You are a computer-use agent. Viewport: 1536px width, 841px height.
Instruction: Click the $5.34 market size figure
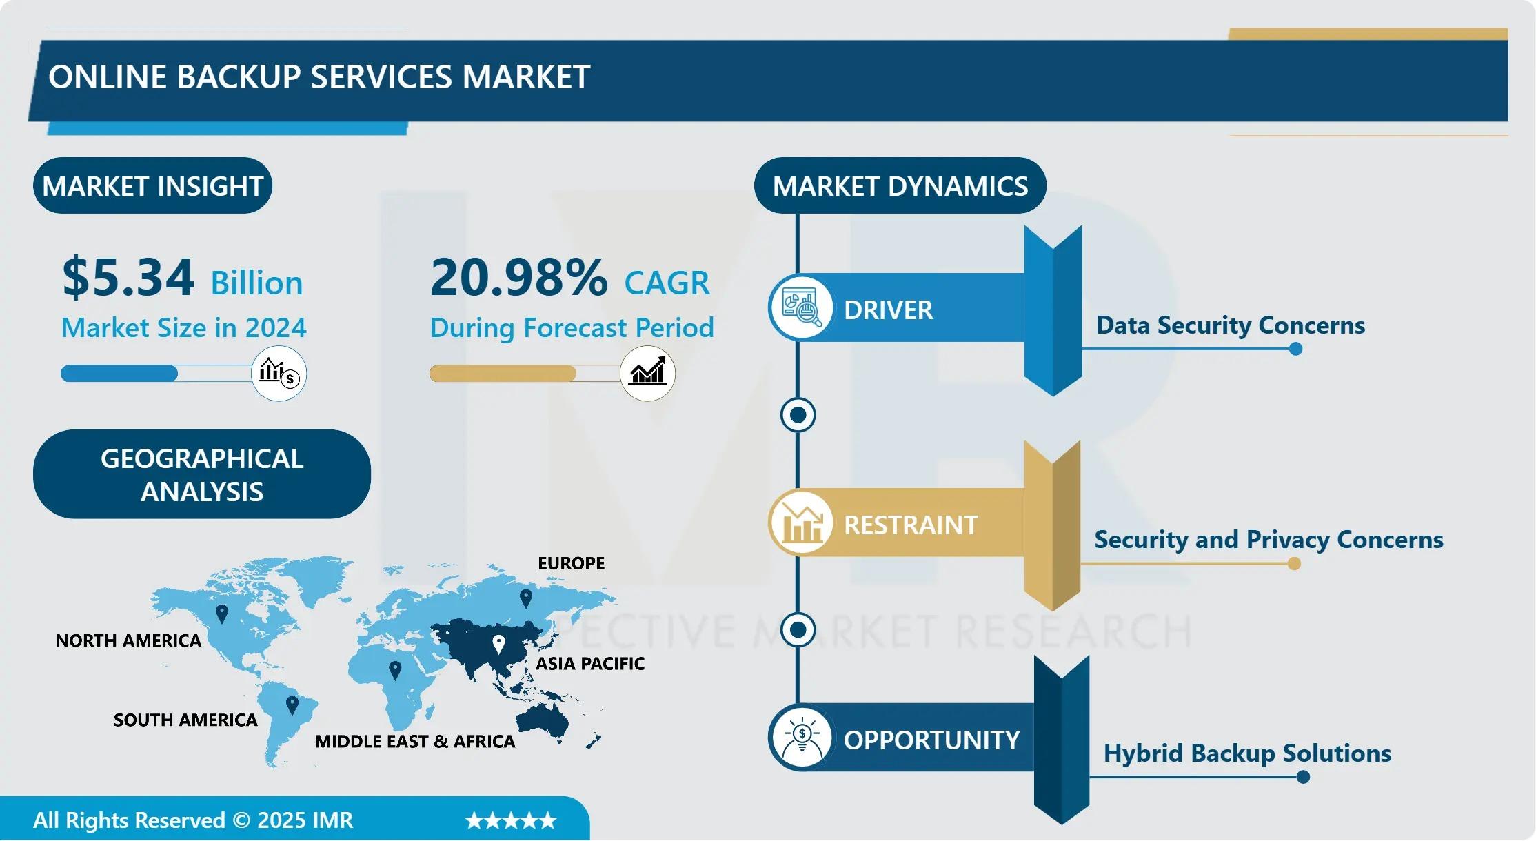128,277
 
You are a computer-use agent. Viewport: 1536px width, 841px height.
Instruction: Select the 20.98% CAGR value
519,277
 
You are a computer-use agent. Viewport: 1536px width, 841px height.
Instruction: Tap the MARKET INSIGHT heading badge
152,185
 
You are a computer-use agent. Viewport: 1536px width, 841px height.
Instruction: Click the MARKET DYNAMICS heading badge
900,185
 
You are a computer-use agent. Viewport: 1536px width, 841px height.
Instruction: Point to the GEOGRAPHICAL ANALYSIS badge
202,474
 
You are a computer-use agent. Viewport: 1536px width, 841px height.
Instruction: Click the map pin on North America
222,614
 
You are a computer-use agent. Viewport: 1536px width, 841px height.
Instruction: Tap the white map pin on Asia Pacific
498,645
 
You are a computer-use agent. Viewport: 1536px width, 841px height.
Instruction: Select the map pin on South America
292,705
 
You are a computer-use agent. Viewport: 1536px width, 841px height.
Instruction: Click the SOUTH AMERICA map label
185,720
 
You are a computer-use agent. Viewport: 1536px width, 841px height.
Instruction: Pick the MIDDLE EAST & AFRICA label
415,741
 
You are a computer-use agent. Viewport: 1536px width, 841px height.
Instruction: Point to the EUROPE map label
572,563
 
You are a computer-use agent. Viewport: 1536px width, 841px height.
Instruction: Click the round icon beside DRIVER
801,307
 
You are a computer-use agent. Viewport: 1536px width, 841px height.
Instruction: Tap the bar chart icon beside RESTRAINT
801,523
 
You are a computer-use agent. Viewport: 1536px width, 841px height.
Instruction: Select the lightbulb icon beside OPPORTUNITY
801,737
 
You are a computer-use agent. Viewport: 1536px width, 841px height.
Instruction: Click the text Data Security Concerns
1231,325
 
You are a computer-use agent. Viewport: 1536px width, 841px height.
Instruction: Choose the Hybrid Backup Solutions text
1247,753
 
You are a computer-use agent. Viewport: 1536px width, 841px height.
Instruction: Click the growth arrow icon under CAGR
647,373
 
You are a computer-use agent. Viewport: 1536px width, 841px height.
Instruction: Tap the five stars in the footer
511,820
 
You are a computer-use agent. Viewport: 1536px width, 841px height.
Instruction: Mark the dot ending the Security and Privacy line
1294,564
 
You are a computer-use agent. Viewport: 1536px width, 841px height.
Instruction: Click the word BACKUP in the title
238,77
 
